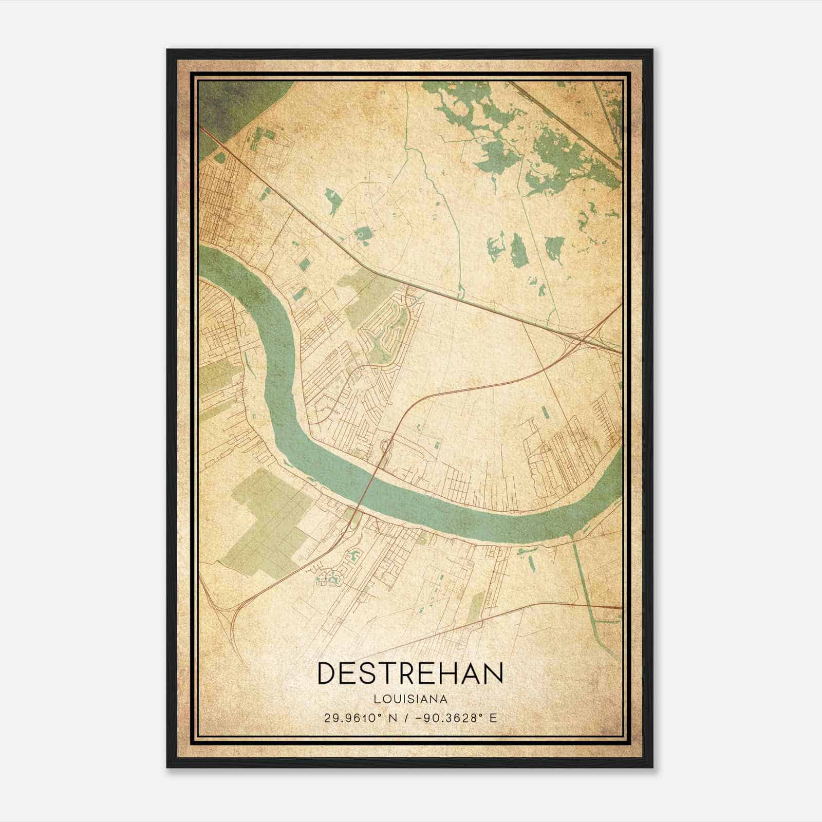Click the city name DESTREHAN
[410, 674]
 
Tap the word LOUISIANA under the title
[410, 699]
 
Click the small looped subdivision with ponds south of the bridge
[329, 577]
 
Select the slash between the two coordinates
[406, 718]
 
